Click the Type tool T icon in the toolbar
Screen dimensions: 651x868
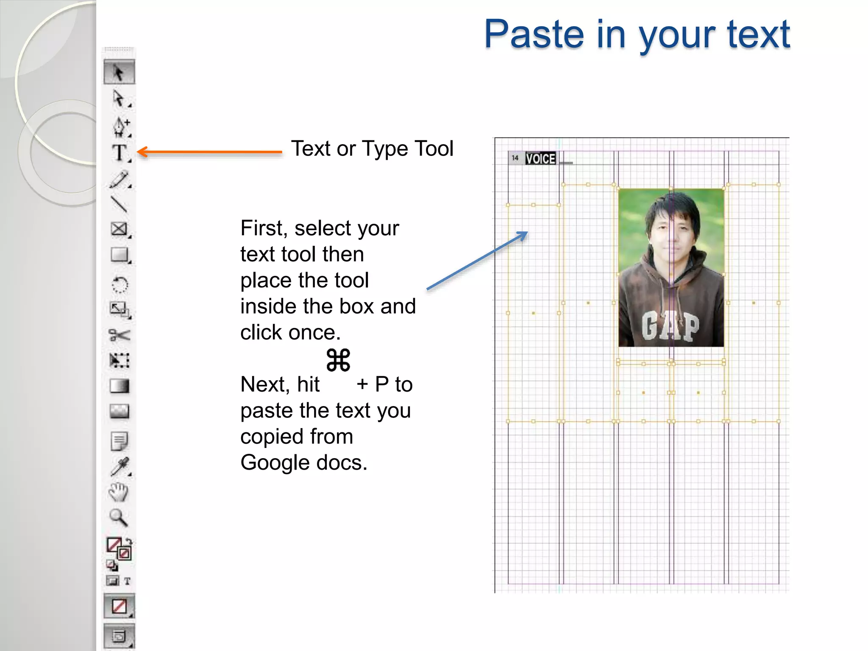pos(120,153)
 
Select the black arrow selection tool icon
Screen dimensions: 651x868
pos(119,72)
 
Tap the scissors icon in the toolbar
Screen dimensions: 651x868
pos(119,335)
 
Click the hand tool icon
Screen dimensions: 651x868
pos(119,492)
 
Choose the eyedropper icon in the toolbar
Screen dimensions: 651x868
pos(120,467)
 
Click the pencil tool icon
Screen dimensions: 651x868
pos(119,179)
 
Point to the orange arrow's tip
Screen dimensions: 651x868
pos(139,152)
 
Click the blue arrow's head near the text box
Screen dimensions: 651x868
pos(526,233)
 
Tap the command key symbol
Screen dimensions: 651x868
pos(338,360)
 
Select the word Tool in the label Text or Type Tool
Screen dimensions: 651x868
pos(434,149)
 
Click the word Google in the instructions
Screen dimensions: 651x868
pos(275,462)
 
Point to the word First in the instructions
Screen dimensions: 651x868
pos(264,228)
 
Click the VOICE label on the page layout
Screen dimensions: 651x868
pos(540,159)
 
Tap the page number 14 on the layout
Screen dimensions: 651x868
pos(515,158)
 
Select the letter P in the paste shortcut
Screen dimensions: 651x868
pos(381,384)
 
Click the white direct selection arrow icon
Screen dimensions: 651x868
pos(119,98)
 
